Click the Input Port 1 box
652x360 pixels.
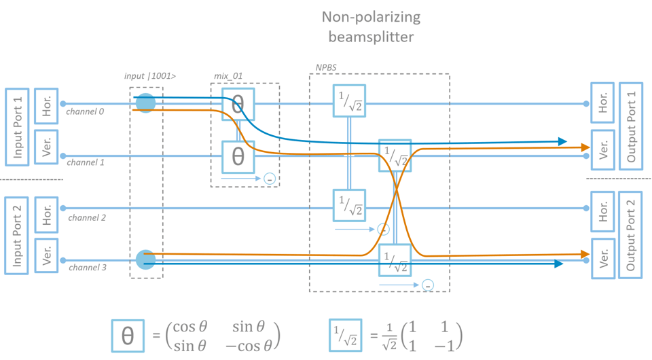(18, 126)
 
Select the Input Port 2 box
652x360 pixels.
(18, 235)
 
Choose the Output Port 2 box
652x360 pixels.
(631, 235)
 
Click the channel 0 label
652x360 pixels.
(86, 111)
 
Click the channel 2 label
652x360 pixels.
(87, 218)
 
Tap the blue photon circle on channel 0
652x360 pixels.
(145, 103)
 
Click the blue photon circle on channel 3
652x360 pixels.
(145, 259)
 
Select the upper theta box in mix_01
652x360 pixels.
(238, 105)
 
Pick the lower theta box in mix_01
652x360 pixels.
(238, 157)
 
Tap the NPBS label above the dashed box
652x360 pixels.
(325, 68)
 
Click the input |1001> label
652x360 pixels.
(150, 76)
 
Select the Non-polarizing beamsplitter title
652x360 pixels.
(371, 26)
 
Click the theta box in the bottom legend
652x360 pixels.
(128, 336)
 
